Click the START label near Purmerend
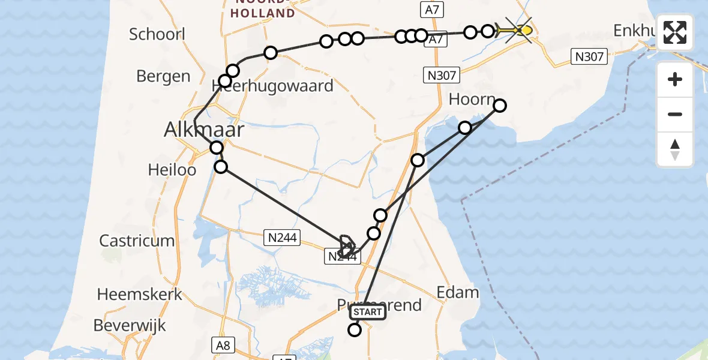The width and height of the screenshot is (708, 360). pyautogui.click(x=367, y=312)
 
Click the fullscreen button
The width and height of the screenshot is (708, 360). pyautogui.click(x=675, y=32)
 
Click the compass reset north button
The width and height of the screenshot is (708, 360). pyautogui.click(x=675, y=149)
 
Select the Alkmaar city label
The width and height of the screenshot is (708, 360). pyautogui.click(x=205, y=130)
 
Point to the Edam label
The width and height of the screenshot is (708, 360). pyautogui.click(x=458, y=292)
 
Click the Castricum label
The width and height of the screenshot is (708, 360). pyautogui.click(x=137, y=241)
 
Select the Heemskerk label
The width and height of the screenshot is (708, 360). pyautogui.click(x=135, y=295)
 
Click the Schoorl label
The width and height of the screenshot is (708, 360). pyautogui.click(x=157, y=34)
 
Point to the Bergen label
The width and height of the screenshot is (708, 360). pyautogui.click(x=163, y=76)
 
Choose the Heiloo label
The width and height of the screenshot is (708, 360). pyautogui.click(x=172, y=170)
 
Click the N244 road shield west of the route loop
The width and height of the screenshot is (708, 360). pyautogui.click(x=280, y=238)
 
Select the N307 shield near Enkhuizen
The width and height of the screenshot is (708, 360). pyautogui.click(x=589, y=57)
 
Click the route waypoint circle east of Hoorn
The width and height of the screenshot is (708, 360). pyautogui.click(x=499, y=106)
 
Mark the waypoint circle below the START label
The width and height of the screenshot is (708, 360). pyautogui.click(x=355, y=329)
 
